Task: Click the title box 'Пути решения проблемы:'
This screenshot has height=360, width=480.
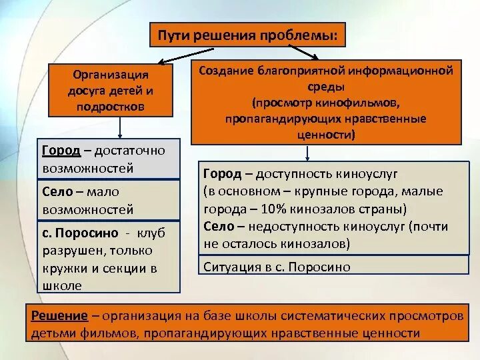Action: [x=251, y=35]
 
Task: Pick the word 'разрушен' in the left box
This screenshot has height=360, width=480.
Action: [x=81, y=251]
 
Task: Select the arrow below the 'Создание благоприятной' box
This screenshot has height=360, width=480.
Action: [x=307, y=153]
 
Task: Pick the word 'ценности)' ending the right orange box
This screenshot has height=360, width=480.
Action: [x=326, y=134]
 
